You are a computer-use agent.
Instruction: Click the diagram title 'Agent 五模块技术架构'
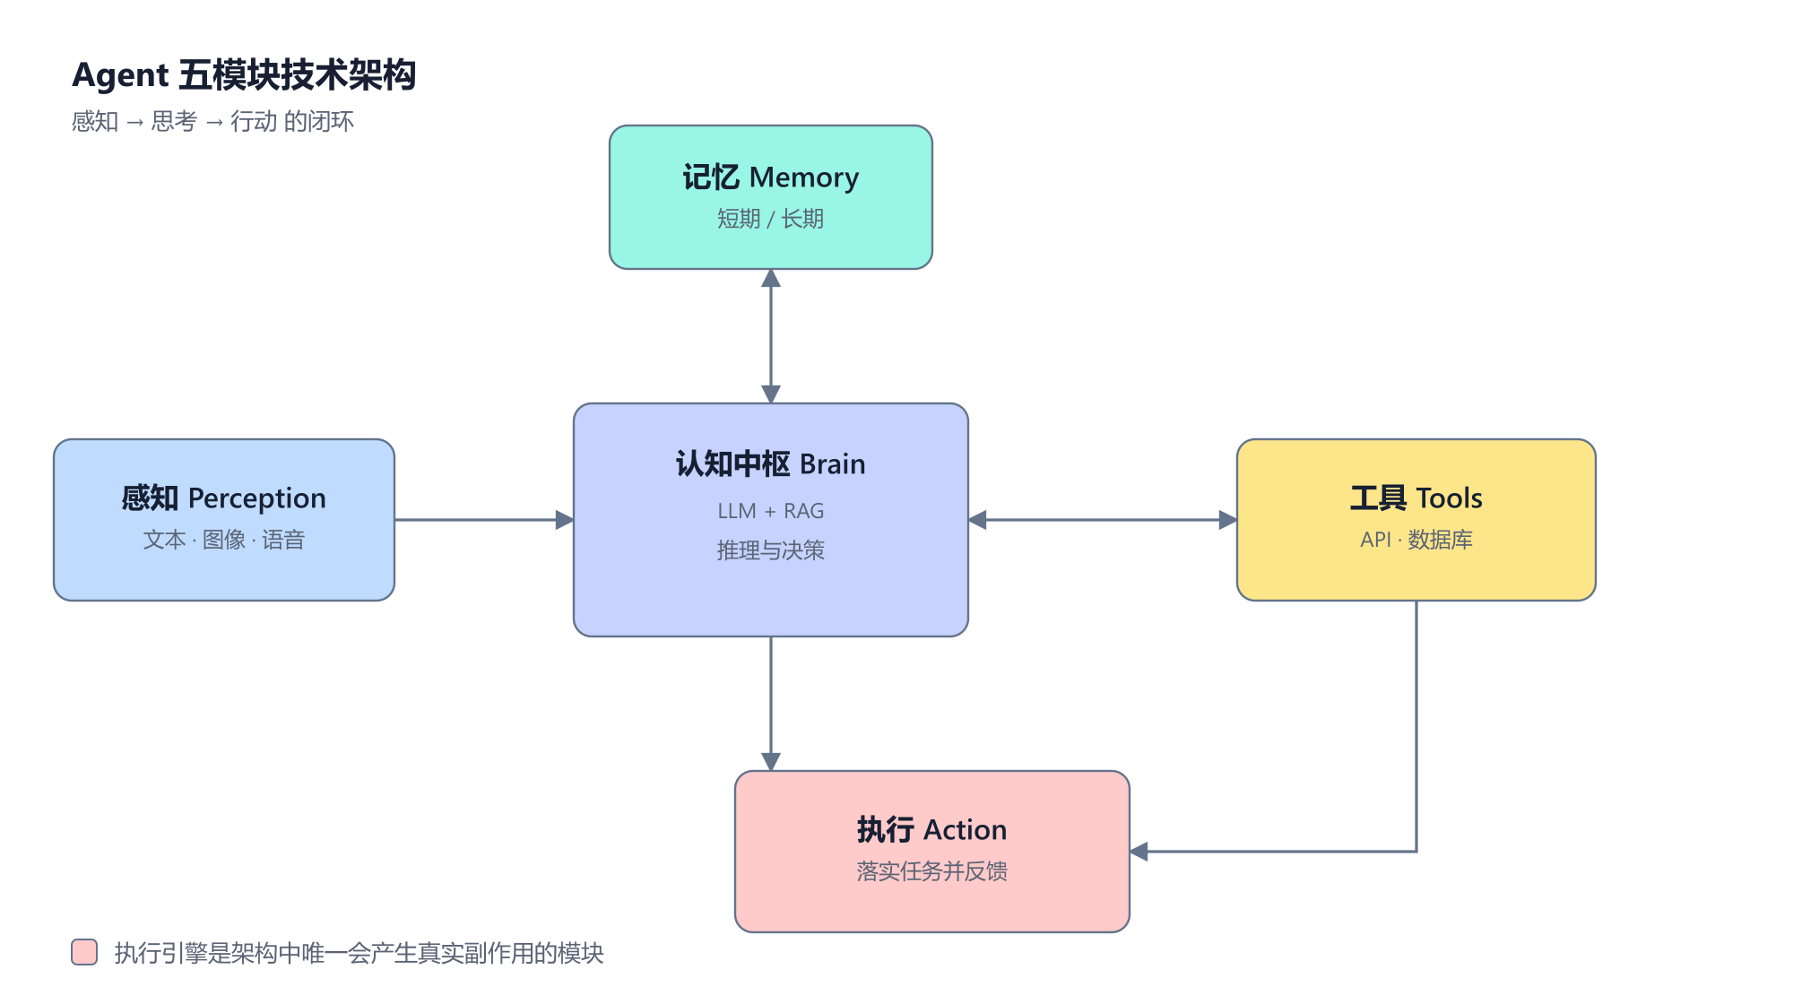(244, 75)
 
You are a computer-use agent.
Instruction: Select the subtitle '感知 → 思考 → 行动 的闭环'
(212, 121)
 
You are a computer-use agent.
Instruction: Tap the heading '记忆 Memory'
(771, 177)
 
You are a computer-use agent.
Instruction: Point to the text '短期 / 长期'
(771, 219)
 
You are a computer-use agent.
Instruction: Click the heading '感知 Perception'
(224, 498)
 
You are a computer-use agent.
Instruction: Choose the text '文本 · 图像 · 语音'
(224, 540)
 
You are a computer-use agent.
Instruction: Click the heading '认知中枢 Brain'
(771, 464)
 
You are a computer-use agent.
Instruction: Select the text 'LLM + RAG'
(771, 511)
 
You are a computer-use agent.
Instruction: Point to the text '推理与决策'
(771, 550)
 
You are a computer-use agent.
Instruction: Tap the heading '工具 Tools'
(1416, 498)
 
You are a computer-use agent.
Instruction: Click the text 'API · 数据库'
(1416, 540)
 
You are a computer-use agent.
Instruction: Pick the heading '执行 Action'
(932, 830)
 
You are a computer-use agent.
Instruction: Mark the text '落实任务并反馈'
(932, 871)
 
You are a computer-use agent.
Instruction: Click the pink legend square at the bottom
(84, 952)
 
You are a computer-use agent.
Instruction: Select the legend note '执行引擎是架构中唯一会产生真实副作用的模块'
(359, 953)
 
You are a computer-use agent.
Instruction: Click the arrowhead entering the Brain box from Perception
(565, 520)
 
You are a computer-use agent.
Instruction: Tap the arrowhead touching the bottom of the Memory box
(771, 278)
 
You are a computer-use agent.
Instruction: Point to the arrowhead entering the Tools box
(1228, 520)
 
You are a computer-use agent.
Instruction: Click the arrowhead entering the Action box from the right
(1139, 852)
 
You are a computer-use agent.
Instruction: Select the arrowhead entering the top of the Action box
(771, 762)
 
